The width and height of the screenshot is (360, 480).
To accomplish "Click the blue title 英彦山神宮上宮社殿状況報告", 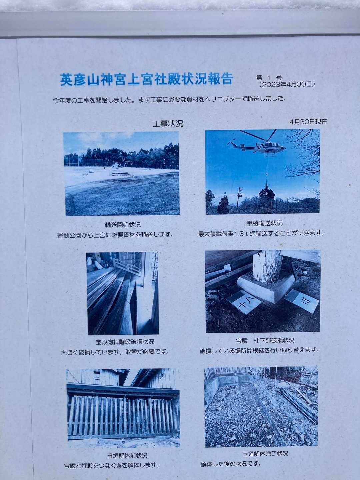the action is click(147, 79).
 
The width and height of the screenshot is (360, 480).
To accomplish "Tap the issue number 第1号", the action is click(269, 78).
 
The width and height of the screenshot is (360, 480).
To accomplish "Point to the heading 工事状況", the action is click(168, 124).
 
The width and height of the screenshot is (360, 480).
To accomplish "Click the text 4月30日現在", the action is click(308, 122).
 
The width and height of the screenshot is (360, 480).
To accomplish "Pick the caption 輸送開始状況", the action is click(123, 224).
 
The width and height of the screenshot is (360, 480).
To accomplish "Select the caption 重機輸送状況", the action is click(264, 223).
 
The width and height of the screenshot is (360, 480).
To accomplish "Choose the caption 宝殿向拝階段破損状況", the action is click(125, 342).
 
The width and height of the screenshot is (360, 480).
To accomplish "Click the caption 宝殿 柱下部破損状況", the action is click(265, 340).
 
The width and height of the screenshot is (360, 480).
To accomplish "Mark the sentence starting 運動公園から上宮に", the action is click(115, 235).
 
